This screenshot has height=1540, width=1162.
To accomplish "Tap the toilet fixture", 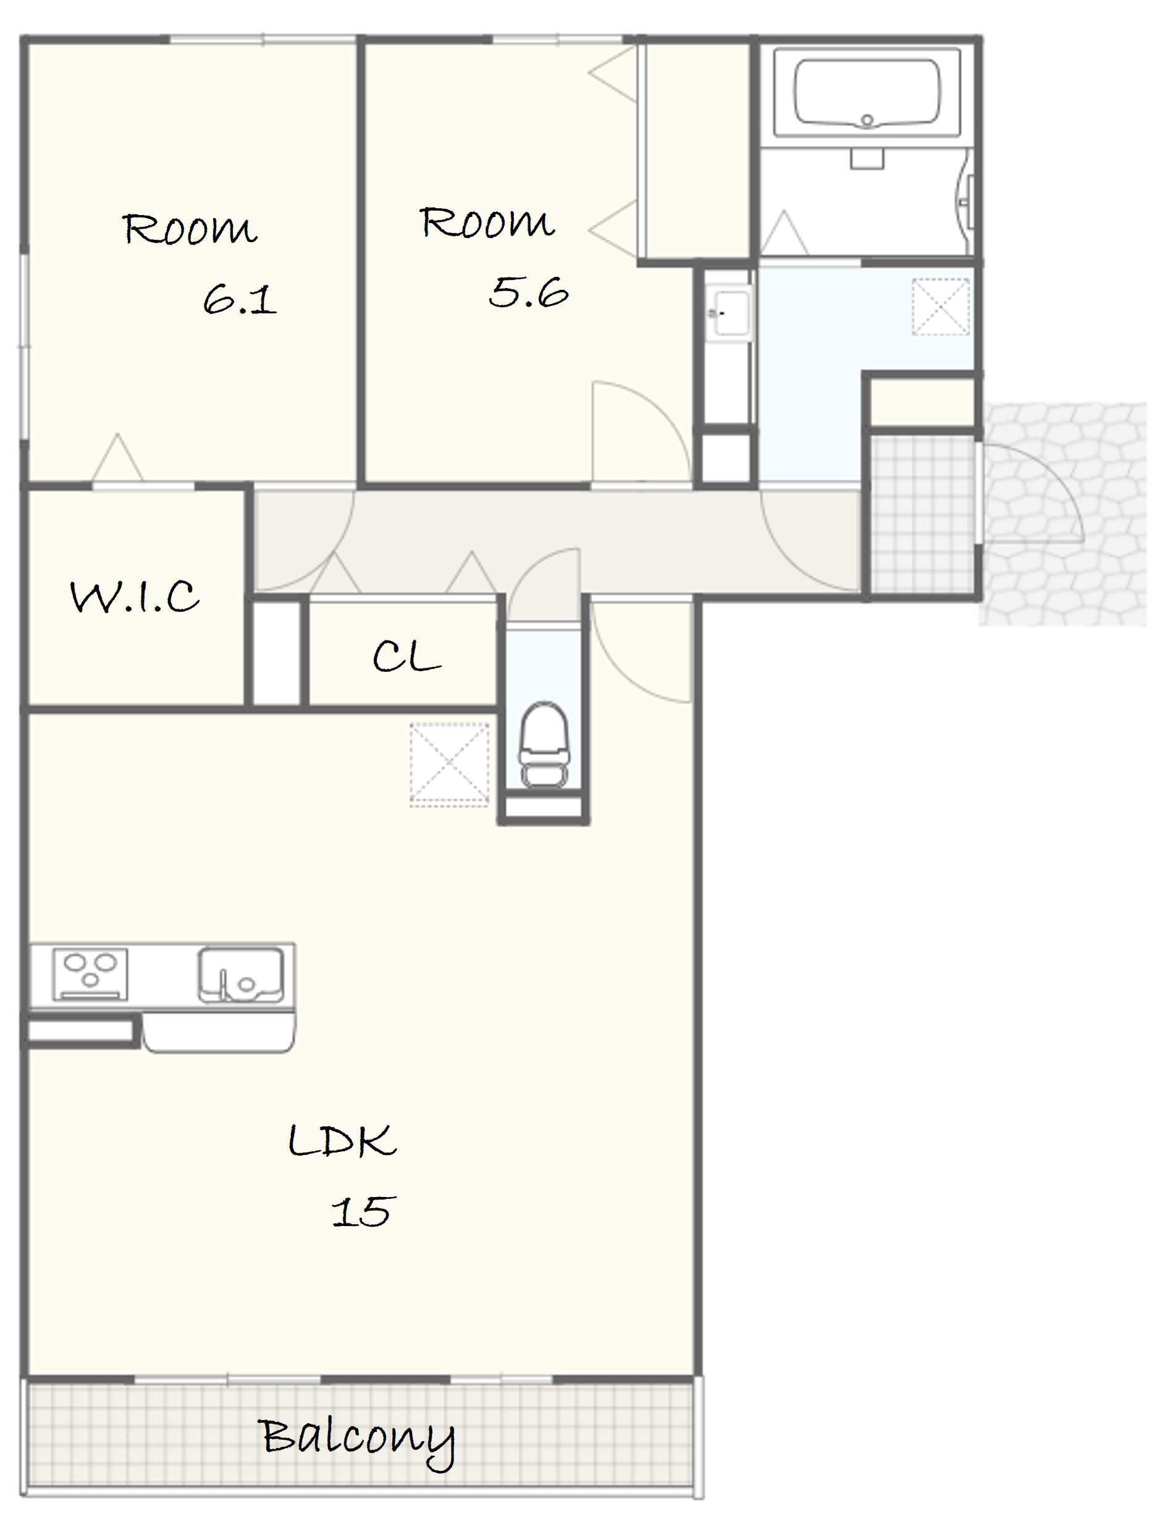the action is pos(544,745).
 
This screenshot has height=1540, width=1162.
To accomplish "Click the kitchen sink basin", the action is pos(241,974).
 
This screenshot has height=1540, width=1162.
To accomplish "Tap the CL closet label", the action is pos(406,656).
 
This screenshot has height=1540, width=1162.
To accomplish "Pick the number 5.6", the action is pos(528,292).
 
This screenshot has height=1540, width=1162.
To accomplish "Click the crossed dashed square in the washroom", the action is pos(940,307).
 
